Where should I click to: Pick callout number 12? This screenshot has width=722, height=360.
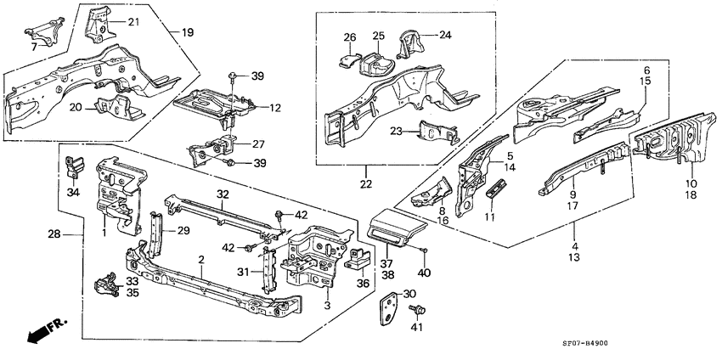coord(274,108)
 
